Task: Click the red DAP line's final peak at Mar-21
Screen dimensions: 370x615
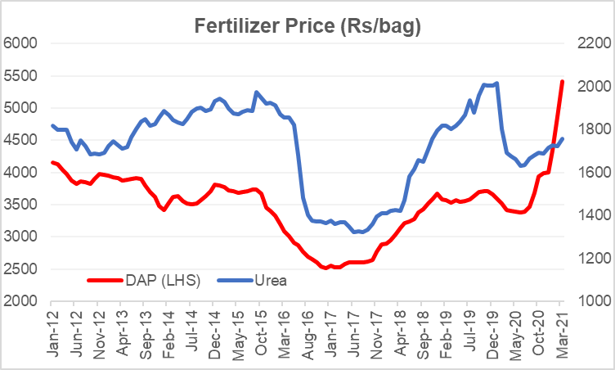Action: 562,81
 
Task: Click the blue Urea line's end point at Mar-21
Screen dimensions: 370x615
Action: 562,139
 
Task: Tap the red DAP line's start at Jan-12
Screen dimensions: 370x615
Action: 52,162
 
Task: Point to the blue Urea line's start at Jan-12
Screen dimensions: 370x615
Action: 52,125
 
